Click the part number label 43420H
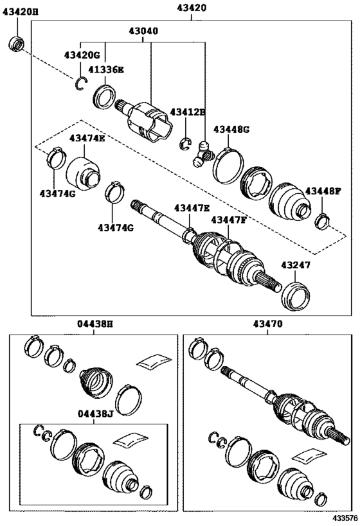pos(20,12)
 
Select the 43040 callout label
pos(143,31)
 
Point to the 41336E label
pos(106,70)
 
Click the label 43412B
pos(187,112)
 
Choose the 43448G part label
pos(231,130)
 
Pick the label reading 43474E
pos(87,138)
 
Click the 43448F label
pos(323,191)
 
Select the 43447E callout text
pos(192,209)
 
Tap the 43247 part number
pos(296,265)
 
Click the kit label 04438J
pos(95,414)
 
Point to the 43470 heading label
pos(268,324)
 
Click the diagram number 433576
pos(345,520)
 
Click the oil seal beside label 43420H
pos(16,44)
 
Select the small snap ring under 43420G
pos(81,83)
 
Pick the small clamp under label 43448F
pos(322,222)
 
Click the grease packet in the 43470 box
pos(309,456)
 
